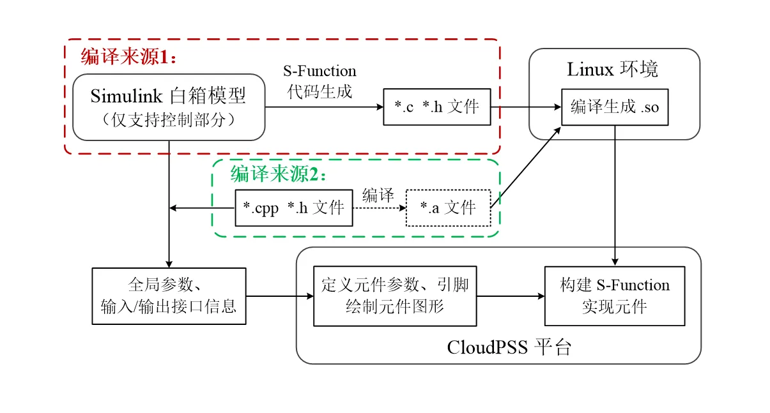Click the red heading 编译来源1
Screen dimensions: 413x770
[128, 57]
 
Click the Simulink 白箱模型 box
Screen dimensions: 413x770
[169, 107]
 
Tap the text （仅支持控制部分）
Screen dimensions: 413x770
[169, 119]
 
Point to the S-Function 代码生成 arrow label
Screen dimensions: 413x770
[320, 81]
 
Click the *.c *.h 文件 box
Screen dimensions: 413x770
[437, 107]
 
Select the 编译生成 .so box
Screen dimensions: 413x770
[614, 107]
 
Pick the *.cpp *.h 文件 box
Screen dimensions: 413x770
[294, 207]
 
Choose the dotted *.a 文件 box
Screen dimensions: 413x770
[448, 207]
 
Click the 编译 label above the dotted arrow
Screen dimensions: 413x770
[378, 195]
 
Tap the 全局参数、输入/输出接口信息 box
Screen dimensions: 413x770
[169, 296]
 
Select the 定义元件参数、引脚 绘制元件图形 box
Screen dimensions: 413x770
[395, 296]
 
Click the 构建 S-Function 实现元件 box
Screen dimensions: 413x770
[614, 296]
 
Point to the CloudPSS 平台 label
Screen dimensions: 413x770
[509, 348]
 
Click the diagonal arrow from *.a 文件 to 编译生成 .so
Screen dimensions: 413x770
[526, 167]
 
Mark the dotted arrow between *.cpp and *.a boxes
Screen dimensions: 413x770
[379, 207]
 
